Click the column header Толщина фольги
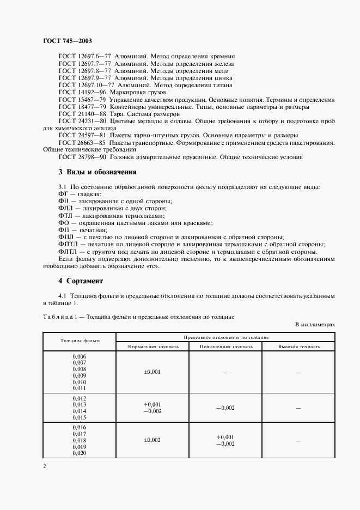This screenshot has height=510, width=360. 80,341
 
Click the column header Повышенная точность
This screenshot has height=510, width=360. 225,346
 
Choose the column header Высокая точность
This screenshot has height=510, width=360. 298,346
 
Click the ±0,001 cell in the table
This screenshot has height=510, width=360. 152,372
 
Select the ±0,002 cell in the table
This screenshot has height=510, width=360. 152,440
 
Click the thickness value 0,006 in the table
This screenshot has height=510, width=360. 80,356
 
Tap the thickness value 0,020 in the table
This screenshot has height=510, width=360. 80,453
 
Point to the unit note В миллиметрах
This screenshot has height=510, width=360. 315,324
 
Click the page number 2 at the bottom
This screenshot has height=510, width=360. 45,466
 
